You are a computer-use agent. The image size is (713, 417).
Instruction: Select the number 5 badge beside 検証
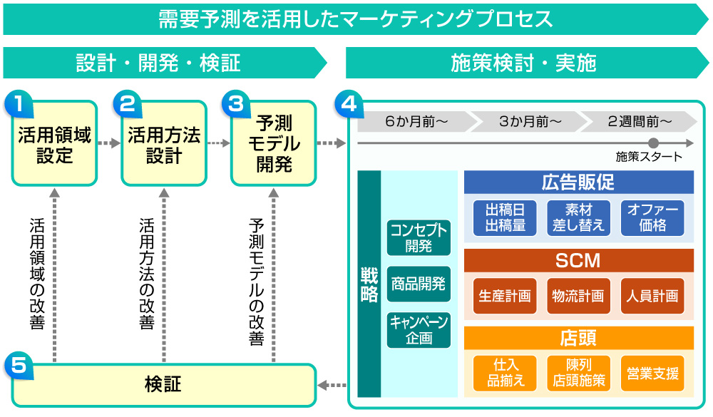coord(19,366)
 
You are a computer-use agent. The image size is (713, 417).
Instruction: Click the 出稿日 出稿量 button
coord(505,217)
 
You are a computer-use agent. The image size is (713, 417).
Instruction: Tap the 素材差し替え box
coord(578,217)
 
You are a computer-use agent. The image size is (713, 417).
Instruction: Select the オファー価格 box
coord(652,217)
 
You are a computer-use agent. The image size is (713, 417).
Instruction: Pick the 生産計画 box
coord(505,296)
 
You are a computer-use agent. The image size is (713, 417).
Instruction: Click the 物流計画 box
coord(578,296)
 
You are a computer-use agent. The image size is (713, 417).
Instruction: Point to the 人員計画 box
coord(652,296)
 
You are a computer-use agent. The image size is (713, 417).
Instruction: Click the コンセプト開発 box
coord(419,237)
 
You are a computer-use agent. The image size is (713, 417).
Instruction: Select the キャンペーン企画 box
coord(419,330)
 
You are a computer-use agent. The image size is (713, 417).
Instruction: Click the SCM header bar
coord(578,260)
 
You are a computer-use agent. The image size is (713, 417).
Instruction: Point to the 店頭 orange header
coord(578,338)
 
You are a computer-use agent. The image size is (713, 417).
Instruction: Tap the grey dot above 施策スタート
coord(653,143)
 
